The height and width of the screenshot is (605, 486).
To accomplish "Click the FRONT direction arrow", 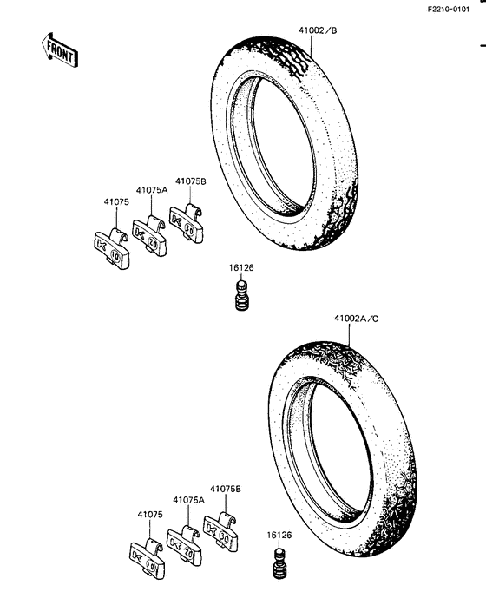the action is click(x=60, y=50).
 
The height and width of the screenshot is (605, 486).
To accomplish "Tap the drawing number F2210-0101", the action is click(x=449, y=9).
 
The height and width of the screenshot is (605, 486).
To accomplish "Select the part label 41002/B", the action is click(x=318, y=30).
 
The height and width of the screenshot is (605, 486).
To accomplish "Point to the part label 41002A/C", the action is click(x=357, y=319).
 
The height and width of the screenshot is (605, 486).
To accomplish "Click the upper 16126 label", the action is click(x=241, y=267).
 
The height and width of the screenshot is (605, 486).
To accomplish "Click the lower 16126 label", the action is click(x=279, y=535).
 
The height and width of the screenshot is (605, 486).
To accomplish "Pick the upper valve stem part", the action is click(x=242, y=295).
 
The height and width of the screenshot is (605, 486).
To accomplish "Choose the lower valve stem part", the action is click(x=279, y=563).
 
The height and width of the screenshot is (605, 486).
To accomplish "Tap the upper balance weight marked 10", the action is click(x=112, y=248).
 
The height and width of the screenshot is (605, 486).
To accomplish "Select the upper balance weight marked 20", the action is click(x=149, y=235).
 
